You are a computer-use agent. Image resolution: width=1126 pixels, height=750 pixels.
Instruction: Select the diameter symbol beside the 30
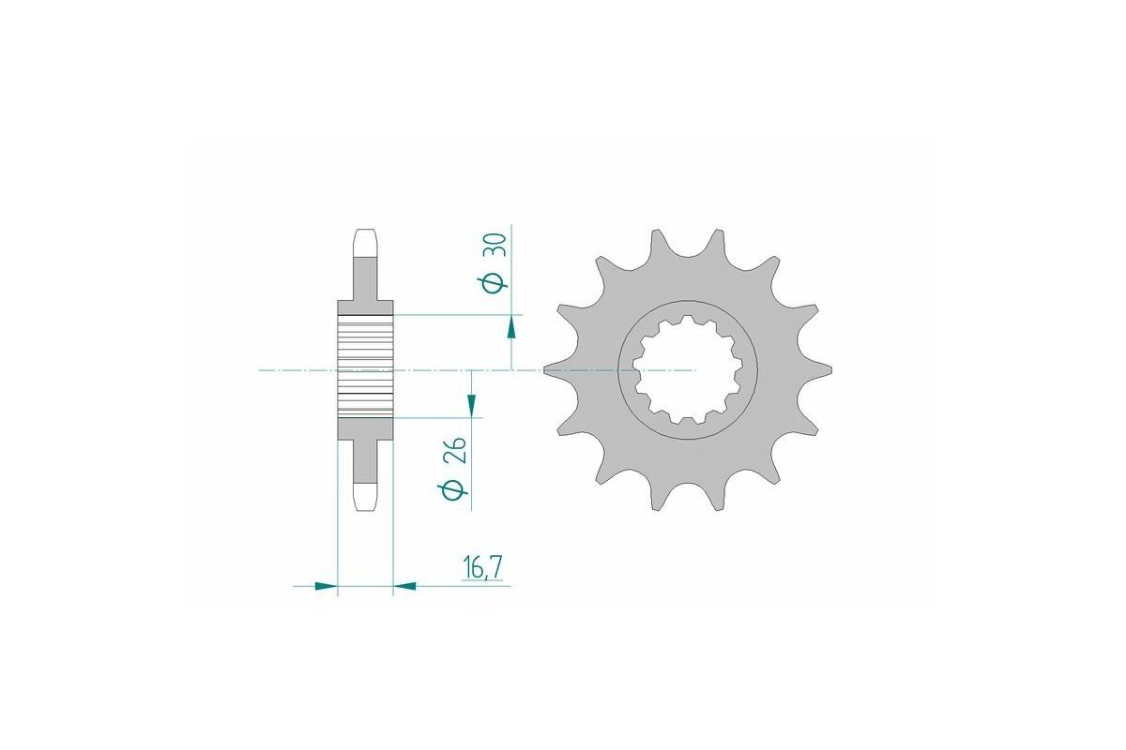coord(496,282)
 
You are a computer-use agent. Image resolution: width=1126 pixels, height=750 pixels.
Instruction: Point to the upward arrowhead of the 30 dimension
coord(511,326)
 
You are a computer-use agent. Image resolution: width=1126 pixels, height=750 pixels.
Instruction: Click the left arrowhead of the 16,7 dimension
coord(325,587)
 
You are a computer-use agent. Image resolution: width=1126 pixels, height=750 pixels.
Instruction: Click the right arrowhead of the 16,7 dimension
coord(404,587)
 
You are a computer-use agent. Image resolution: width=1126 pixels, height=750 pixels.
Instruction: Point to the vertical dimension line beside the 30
coord(511,281)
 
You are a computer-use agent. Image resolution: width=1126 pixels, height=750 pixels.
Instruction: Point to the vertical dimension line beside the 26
coord(472,459)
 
